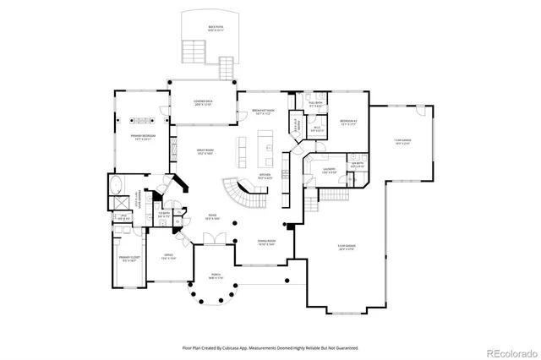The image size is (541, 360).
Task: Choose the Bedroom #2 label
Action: coord(348,123)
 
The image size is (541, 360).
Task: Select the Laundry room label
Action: coord(329,171)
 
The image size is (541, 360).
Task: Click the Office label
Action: coord(168,256)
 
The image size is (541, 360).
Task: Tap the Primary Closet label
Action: coord(128,259)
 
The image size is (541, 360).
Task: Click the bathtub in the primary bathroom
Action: coord(117,187)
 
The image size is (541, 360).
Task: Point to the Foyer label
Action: coord(213,217)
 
